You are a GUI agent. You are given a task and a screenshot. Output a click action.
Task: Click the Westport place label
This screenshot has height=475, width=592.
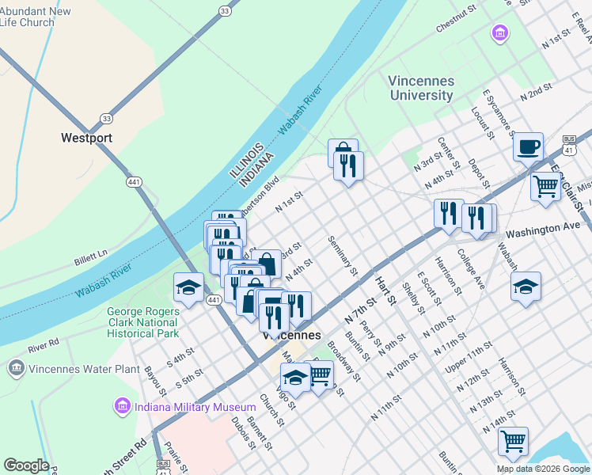point(86,138)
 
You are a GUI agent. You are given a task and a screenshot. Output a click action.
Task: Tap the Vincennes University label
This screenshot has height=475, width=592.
point(420,88)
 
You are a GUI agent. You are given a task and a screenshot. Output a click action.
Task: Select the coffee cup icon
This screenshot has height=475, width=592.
point(528,146)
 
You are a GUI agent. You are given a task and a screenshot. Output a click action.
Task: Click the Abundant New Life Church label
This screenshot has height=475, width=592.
point(35,17)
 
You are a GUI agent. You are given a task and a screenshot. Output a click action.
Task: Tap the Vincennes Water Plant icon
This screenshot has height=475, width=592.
point(16,368)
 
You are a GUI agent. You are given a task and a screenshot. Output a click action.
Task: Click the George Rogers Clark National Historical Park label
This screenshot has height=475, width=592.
point(142,322)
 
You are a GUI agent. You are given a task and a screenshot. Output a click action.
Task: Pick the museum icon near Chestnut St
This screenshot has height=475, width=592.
point(499,33)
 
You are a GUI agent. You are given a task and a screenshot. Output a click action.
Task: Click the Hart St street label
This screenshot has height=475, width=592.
point(385,291)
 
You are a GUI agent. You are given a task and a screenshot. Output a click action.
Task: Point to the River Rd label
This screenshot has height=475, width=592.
point(44,345)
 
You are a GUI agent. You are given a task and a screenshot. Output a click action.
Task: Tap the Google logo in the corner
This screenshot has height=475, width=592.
point(26,465)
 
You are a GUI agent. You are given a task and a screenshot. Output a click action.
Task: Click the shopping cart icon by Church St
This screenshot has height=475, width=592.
point(318,375)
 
